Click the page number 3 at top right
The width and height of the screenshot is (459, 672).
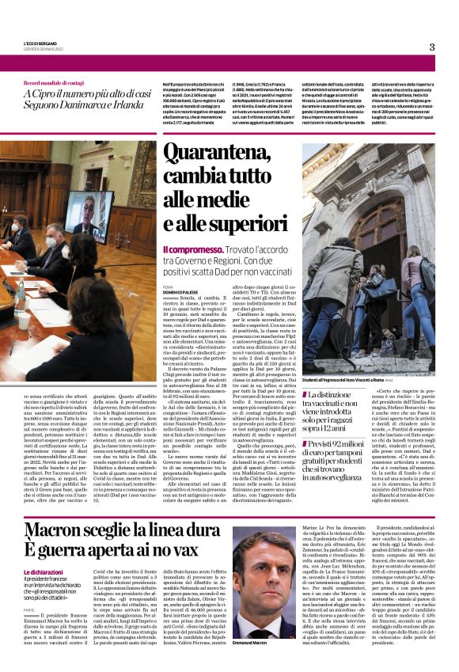pyautogui.click(x=432, y=47)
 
